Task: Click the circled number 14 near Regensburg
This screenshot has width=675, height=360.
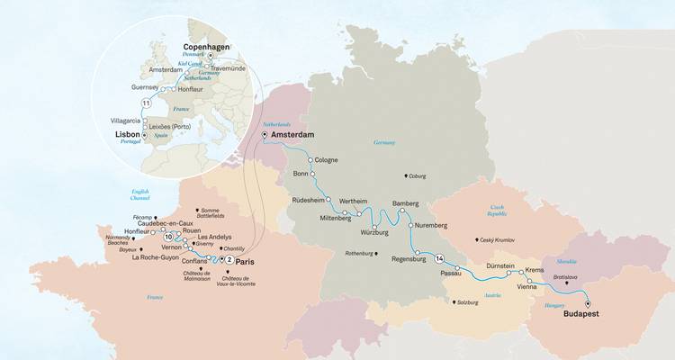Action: tap(438, 259)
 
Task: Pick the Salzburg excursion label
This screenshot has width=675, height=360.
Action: tap(464, 302)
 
